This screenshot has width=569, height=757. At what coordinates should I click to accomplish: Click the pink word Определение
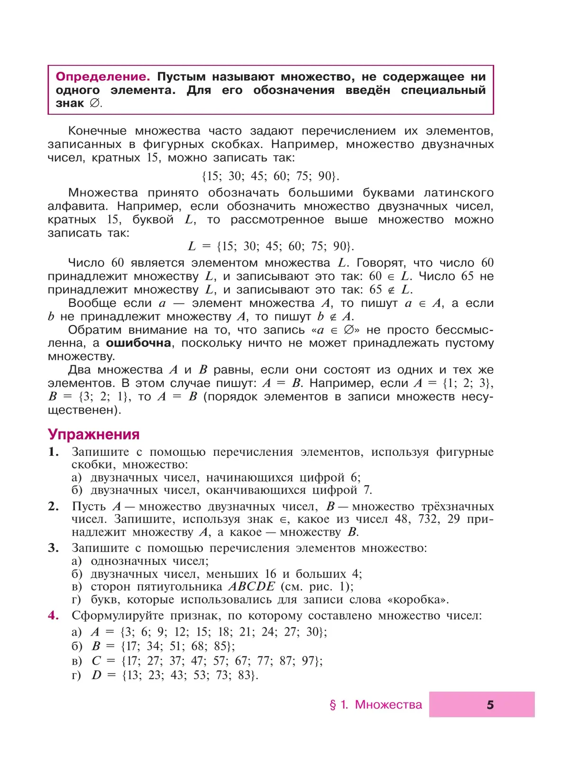coord(102,77)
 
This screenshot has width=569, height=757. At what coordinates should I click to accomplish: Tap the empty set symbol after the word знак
coord(95,103)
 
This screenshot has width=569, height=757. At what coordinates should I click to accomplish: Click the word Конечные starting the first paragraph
coord(97,131)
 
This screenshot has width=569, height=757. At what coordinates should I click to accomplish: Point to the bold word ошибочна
coord(138,343)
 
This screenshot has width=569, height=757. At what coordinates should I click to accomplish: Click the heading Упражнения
coord(93,434)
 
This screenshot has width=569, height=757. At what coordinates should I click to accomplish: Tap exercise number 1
coord(53,452)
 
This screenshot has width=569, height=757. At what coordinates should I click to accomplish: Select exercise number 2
coord(53,507)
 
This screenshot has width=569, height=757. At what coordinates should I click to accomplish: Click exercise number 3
coord(53,548)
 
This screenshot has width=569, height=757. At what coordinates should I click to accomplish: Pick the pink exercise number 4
coord(53,616)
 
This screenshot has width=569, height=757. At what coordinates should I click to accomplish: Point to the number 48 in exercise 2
coord(402,519)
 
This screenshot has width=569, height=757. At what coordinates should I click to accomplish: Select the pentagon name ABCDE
coord(251,587)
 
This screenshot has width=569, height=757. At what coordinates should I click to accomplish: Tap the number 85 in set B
coord(221,646)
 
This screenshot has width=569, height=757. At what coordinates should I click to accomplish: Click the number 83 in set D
coord(245,675)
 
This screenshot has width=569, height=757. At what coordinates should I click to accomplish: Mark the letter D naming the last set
coord(97,675)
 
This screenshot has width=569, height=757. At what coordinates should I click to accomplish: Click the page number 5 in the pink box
coord(490,705)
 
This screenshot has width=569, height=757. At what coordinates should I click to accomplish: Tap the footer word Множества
coord(388,705)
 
